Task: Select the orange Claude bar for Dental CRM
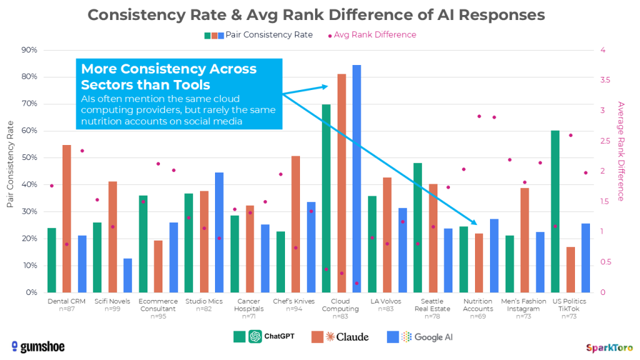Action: [x=67, y=219]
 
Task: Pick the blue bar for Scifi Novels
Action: [x=127, y=276]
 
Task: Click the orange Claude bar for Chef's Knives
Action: [x=296, y=224]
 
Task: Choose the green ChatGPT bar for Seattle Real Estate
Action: [x=417, y=227]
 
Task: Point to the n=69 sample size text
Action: [x=478, y=317]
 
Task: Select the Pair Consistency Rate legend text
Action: [x=269, y=35]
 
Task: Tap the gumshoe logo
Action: [x=38, y=347]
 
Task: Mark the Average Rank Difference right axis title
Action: [x=621, y=151]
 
